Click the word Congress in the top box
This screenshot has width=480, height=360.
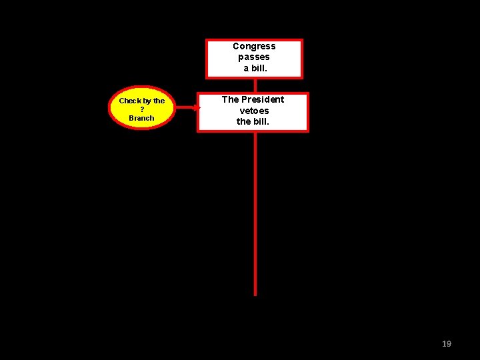click(x=254, y=46)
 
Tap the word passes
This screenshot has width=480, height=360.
click(x=254, y=57)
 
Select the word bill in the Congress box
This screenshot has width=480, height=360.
click(x=259, y=69)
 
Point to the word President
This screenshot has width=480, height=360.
click(x=262, y=99)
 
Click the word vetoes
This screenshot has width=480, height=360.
click(x=254, y=111)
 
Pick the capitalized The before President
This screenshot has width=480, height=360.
click(x=230, y=99)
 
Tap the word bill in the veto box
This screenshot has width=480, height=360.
click(x=261, y=121)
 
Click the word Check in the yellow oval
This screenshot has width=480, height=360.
click(x=129, y=101)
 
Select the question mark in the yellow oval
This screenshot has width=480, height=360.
click(x=141, y=109)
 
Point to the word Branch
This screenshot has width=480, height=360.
click(x=141, y=118)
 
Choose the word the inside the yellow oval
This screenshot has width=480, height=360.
click(x=159, y=101)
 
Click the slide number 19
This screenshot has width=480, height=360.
click(x=447, y=343)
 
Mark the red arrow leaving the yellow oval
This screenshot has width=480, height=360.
click(x=184, y=107)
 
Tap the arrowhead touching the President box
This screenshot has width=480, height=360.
click(x=196, y=107)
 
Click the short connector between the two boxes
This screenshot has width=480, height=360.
click(x=255, y=85)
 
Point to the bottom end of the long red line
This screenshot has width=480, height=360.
click(x=255, y=293)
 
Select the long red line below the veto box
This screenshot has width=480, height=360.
click(x=255, y=213)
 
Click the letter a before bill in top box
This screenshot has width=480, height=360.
click(x=246, y=69)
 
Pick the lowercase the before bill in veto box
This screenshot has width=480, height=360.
click(x=244, y=121)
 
